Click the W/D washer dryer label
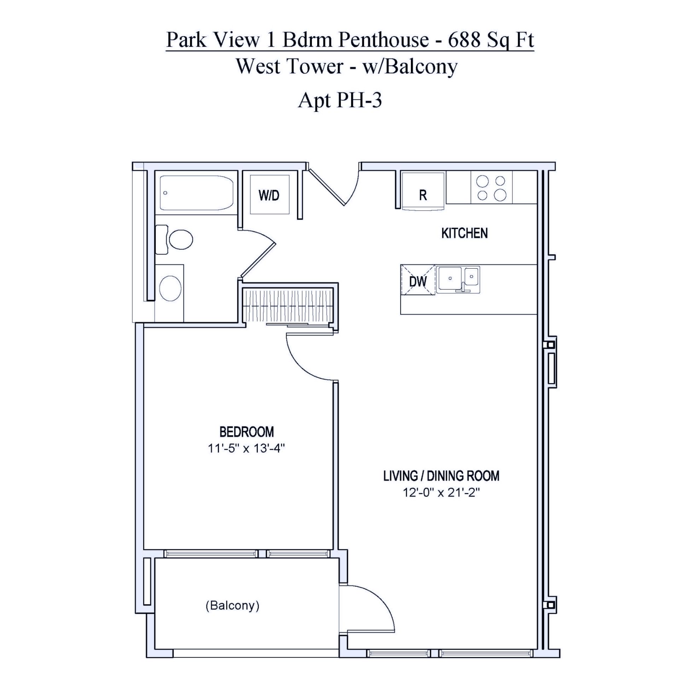[269, 195]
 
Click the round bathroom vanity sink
[170, 288]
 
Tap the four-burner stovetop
[492, 188]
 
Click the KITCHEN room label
[464, 233]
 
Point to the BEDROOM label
[246, 432]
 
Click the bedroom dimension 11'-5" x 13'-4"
[246, 449]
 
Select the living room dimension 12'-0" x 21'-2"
[441, 492]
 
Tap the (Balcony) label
[232, 606]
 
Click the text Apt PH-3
[340, 100]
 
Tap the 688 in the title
[464, 40]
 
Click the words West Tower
[290, 66]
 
